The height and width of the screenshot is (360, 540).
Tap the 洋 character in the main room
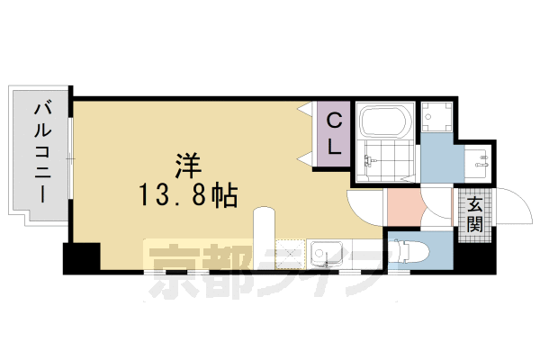pyautogui.click(x=187, y=165)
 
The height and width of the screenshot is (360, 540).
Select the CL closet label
pyautogui.click(x=333, y=134)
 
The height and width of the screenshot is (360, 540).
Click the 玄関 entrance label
pyautogui.click(x=474, y=215)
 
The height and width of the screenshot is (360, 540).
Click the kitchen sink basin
pyautogui.click(x=327, y=253)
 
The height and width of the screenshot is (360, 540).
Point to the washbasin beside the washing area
pyautogui.click(x=481, y=163)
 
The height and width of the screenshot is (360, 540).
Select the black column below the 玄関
pyautogui.click(x=474, y=256)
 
